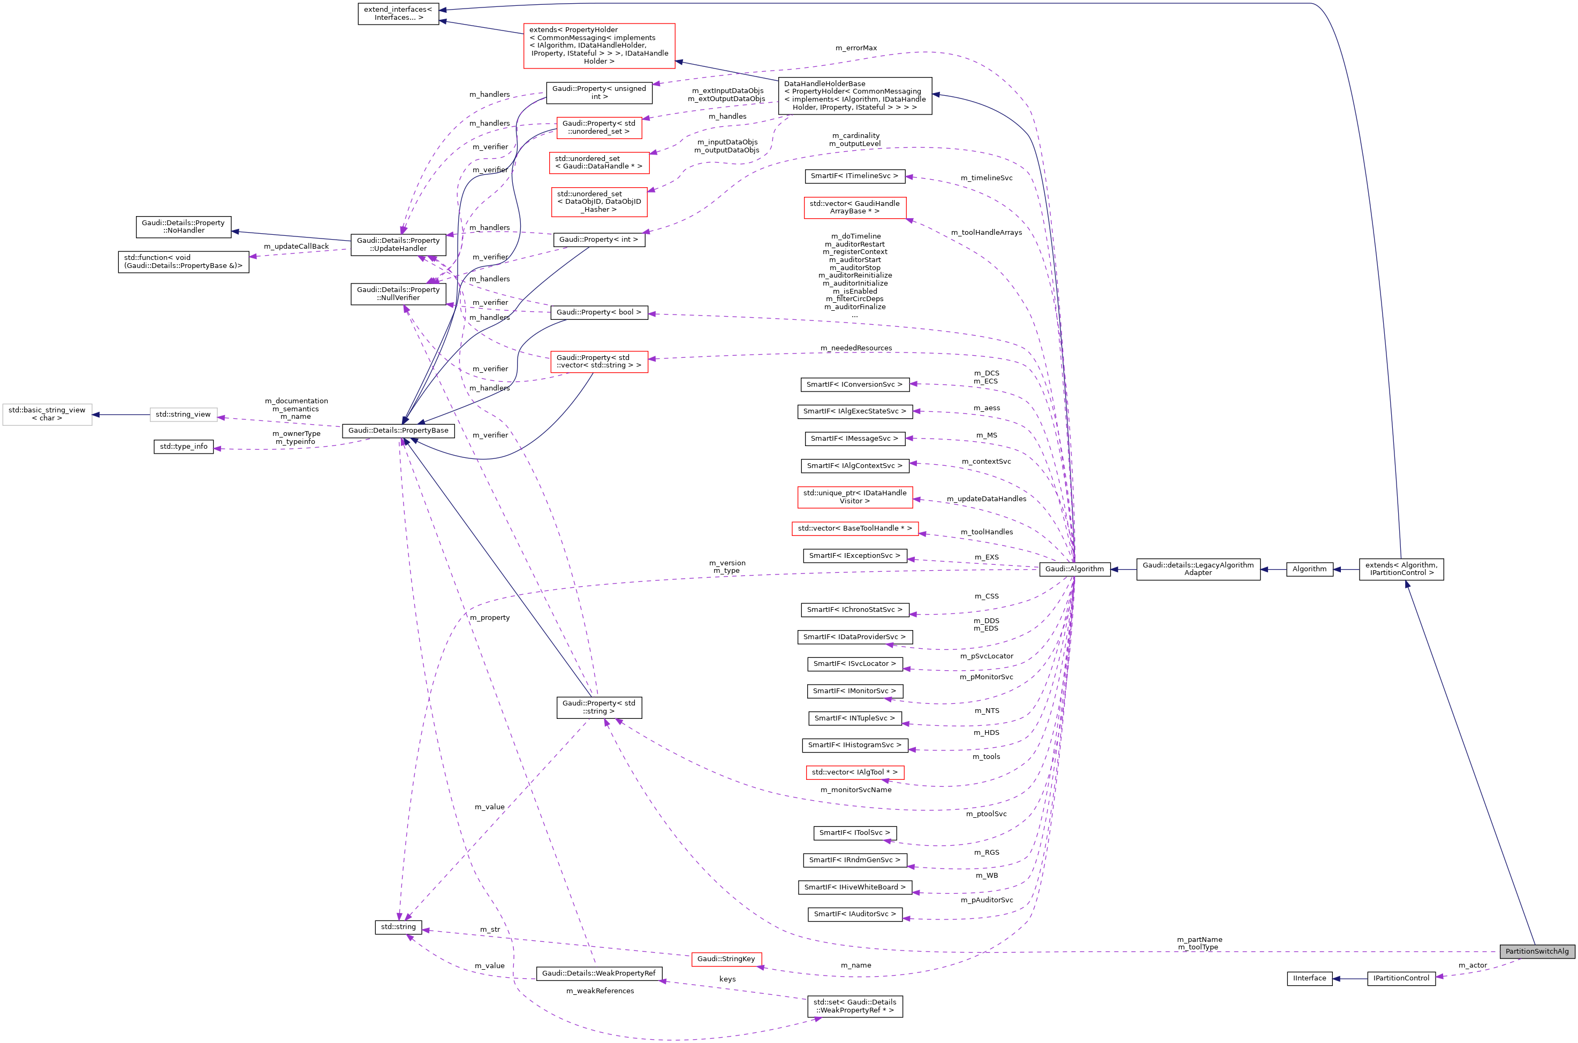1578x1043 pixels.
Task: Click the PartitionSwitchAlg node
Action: [x=1537, y=951]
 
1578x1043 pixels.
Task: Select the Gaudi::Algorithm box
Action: [x=1074, y=569]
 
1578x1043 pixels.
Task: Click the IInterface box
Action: [x=1309, y=978]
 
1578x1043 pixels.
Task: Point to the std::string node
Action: [x=398, y=926]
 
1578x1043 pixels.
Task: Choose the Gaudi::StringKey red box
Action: [x=726, y=958]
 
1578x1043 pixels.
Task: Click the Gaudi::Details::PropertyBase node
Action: [x=398, y=431]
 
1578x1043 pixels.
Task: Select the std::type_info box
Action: [x=184, y=446]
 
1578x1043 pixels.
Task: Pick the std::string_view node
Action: [x=183, y=415]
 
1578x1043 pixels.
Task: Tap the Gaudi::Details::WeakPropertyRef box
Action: [x=599, y=973]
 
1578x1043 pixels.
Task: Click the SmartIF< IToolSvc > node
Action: [x=854, y=833]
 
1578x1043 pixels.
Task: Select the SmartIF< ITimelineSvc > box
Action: [x=854, y=175]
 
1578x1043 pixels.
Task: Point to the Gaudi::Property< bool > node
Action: [x=599, y=312]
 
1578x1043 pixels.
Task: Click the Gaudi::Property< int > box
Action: [x=598, y=240]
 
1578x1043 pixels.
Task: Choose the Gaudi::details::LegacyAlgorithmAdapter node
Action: [x=1198, y=569]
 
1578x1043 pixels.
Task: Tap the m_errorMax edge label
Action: [x=856, y=48]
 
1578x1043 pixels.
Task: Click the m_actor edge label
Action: [x=1472, y=965]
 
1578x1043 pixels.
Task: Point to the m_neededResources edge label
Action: [x=856, y=348]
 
